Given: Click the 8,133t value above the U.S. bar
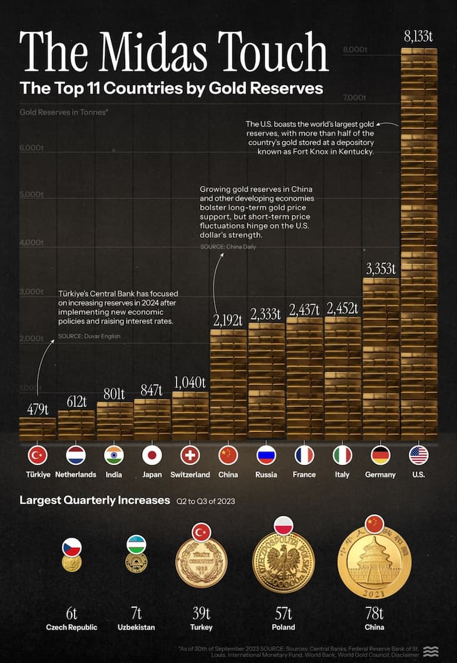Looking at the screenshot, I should [419, 37].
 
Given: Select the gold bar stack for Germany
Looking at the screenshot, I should [381, 357].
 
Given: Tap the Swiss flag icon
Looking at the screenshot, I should [190, 455].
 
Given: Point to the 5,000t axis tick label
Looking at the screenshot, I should [31, 195].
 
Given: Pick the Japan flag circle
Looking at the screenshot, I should [152, 455].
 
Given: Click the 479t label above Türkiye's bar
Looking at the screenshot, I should [38, 409].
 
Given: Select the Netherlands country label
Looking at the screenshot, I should [76, 475].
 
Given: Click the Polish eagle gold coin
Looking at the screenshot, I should [283, 562].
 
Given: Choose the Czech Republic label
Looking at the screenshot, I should [71, 627].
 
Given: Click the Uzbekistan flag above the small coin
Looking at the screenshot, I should [136, 544].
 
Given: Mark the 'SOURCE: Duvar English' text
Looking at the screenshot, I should [89, 336].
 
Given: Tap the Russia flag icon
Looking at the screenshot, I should [266, 455].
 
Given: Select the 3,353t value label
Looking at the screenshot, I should [380, 269].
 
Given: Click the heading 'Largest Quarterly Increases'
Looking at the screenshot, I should [95, 500].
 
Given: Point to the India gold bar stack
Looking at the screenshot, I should [114, 421].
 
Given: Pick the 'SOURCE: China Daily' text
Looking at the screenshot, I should [228, 247].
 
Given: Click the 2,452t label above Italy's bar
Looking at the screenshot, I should [342, 308].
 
